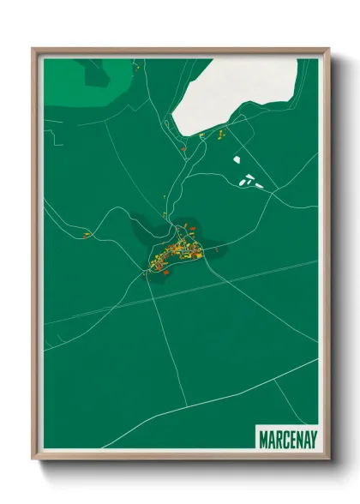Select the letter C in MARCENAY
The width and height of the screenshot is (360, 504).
(x=281, y=439)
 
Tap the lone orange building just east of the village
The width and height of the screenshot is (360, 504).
(x=219, y=248)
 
